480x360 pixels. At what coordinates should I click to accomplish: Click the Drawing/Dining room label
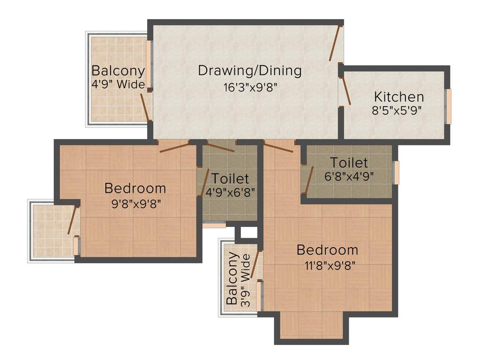tap(249, 71)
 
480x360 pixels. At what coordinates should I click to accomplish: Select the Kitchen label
tap(399, 97)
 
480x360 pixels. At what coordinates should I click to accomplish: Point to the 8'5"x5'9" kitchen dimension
tap(397, 112)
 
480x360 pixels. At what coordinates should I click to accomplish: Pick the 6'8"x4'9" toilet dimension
tap(349, 177)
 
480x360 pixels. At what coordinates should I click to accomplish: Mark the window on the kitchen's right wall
tap(448, 107)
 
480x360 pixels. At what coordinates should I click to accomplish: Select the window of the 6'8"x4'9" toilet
tap(396, 172)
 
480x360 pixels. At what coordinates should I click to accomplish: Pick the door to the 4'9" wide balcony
tap(145, 107)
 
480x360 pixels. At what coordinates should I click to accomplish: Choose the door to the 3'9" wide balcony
tap(256, 265)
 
